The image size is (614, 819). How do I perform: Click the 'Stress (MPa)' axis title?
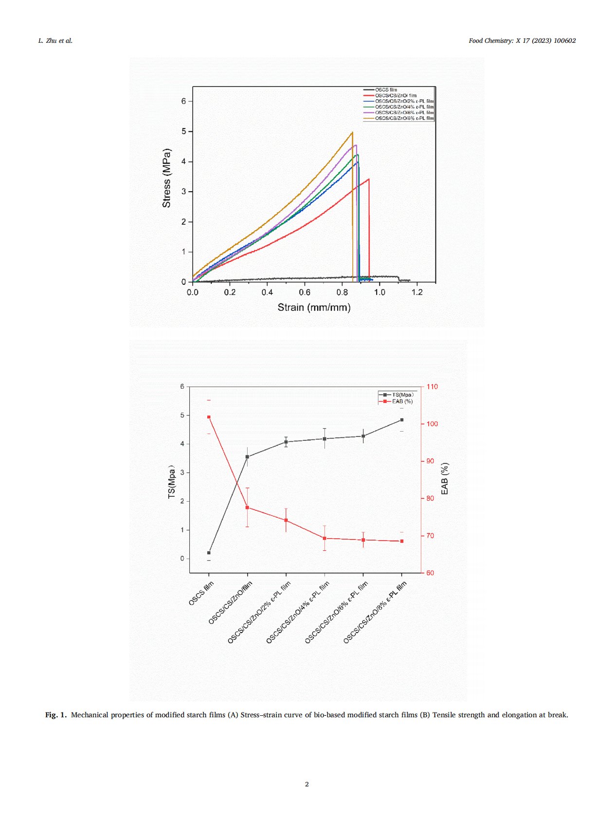click(166, 178)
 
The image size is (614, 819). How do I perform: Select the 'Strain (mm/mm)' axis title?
click(314, 307)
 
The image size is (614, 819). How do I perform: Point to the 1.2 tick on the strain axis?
click(417, 292)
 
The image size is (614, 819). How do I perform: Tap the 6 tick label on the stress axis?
click(183, 101)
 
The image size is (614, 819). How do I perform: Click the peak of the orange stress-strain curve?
click(352, 132)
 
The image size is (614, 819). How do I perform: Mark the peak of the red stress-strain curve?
click(369, 179)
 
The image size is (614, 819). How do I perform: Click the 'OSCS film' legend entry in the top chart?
click(386, 90)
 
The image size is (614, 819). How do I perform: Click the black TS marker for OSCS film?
click(209, 553)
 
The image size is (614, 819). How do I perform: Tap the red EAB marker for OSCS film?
click(209, 417)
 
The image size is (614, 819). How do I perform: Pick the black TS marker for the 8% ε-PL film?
click(402, 419)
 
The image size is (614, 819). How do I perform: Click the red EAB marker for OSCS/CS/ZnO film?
click(247, 508)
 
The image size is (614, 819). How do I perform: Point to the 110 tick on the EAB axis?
click(432, 387)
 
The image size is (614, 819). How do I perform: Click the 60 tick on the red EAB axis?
click(430, 573)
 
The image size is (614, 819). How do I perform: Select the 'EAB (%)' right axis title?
click(444, 479)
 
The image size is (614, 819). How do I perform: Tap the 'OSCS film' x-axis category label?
click(201, 593)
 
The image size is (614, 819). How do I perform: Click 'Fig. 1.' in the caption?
click(55, 715)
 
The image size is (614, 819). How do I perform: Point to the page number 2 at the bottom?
click(307, 784)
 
